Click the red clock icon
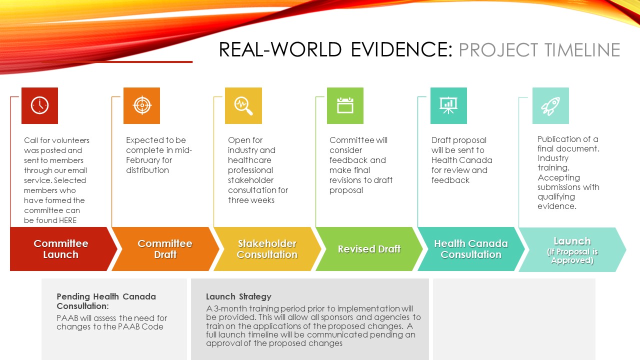pyautogui.click(x=39, y=105)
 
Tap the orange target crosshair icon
pyautogui.click(x=142, y=105)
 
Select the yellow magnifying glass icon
pyautogui.click(x=243, y=106)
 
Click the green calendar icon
pyautogui.click(x=345, y=105)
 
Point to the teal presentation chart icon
pyautogui.click(x=448, y=105)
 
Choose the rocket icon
pyautogui.click(x=550, y=106)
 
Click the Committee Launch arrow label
pyautogui.click(x=61, y=249)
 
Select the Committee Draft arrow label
pyautogui.click(x=165, y=249)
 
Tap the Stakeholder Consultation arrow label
pyautogui.click(x=267, y=249)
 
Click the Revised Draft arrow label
pyautogui.click(x=369, y=249)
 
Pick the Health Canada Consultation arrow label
pyautogui.click(x=471, y=249)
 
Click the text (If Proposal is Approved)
pyautogui.click(x=572, y=256)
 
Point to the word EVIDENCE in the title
pyautogui.click(x=401, y=49)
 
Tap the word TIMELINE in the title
pyautogui.click(x=582, y=49)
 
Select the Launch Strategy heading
pyautogui.click(x=238, y=296)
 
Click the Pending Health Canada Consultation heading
pyautogui.click(x=106, y=301)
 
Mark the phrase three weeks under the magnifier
pyautogui.click(x=251, y=200)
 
